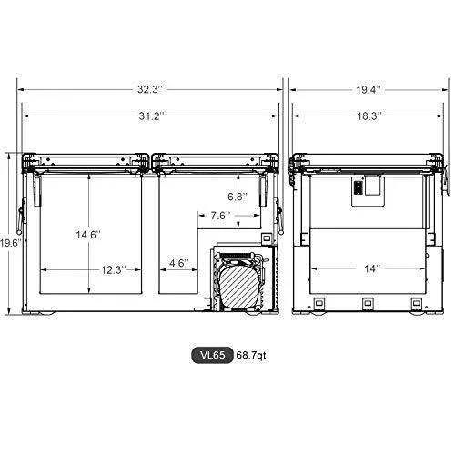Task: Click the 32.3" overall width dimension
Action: coord(150,89)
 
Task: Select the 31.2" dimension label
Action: coord(151,116)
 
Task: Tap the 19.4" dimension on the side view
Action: coord(369,90)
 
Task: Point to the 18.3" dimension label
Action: coord(369,116)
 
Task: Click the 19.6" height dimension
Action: coord(11,243)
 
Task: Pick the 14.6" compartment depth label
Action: coord(88,235)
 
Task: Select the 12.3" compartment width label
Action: coord(113,269)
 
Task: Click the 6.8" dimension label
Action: coord(238,197)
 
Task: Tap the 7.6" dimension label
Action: coord(220,216)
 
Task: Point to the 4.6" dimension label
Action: coord(179,263)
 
